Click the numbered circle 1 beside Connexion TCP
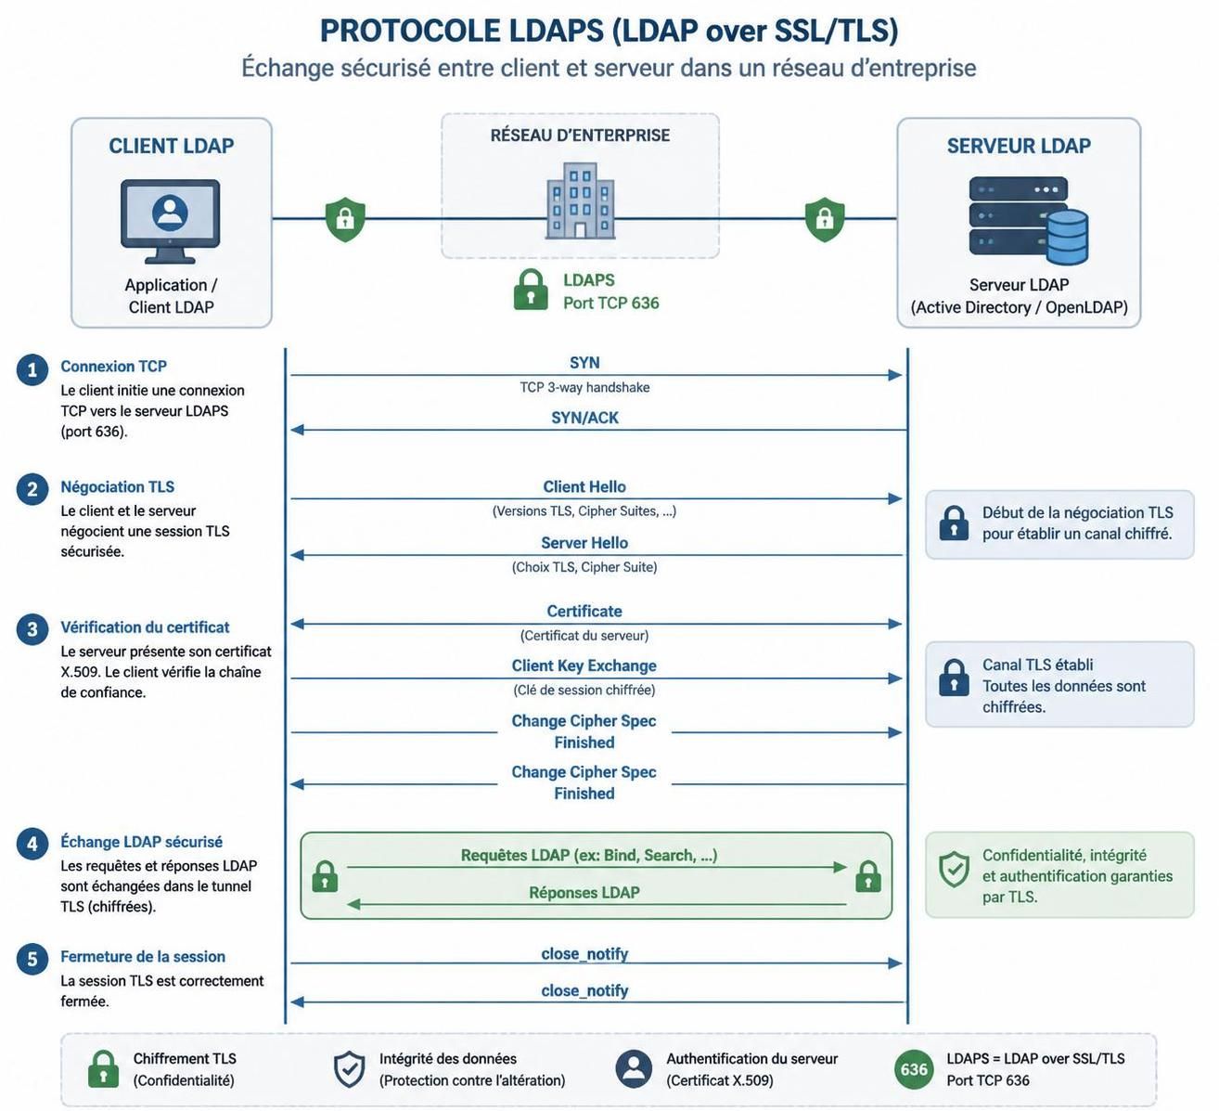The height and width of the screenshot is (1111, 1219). [32, 369]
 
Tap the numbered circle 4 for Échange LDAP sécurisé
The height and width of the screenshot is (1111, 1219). [32, 844]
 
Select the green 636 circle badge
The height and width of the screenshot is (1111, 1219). [914, 1069]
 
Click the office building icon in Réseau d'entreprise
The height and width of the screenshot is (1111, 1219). [581, 200]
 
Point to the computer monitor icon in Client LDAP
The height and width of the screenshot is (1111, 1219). [170, 221]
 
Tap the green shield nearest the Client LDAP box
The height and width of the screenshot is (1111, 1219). [345, 219]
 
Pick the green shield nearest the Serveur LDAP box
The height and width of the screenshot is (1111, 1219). [824, 219]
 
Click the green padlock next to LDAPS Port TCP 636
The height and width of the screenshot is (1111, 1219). [531, 290]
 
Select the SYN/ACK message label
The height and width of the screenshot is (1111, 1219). [584, 418]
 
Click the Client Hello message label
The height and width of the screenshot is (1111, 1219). [584, 486]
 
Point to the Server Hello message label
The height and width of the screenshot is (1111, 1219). [584, 542]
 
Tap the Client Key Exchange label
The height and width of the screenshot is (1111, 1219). [584, 665]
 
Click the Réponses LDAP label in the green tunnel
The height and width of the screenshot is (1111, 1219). [584, 892]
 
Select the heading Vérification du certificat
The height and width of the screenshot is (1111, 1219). [145, 627]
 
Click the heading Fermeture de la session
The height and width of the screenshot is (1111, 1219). [143, 957]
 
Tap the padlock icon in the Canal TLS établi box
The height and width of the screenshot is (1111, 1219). [954, 678]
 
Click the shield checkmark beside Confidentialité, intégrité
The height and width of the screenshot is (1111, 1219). [954, 870]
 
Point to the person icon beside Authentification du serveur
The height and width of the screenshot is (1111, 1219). [634, 1069]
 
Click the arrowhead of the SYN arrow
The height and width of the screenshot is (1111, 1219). [895, 375]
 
